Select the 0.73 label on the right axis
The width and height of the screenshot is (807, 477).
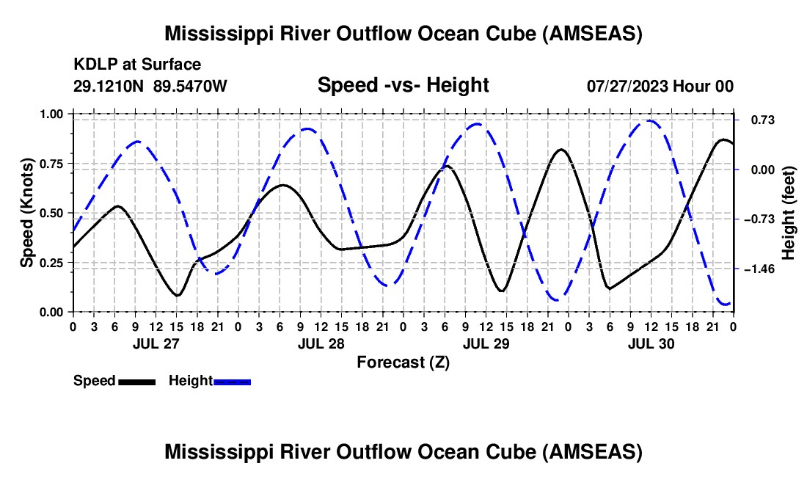763,120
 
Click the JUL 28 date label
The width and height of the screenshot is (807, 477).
321,343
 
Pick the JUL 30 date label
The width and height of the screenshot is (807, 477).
651,343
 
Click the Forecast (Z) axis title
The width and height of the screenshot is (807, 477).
403,363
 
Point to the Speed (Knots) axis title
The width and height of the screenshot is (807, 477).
27,213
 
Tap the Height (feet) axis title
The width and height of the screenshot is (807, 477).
789,213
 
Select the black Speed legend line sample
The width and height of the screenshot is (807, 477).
137,382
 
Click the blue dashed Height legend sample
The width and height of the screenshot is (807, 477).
232,382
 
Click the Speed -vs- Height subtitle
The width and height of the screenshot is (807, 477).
403,85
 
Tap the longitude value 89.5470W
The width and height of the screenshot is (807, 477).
190,86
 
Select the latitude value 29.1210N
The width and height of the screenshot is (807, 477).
108,86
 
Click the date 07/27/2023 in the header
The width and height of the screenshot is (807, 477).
627,86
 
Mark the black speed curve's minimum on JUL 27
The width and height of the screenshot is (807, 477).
177,295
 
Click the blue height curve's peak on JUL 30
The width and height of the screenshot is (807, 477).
650,121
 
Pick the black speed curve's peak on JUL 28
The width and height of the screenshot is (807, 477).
282,185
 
